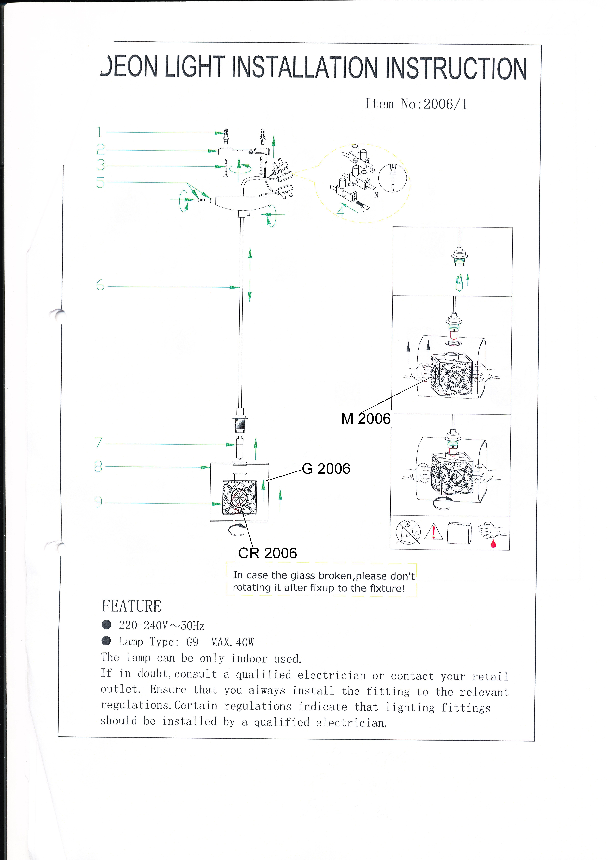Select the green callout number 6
[x=100, y=285]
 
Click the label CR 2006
[x=267, y=553]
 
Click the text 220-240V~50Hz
[x=161, y=625]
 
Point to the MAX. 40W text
[x=232, y=642]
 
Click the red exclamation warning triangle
[x=433, y=532]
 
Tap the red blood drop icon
[x=493, y=543]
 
